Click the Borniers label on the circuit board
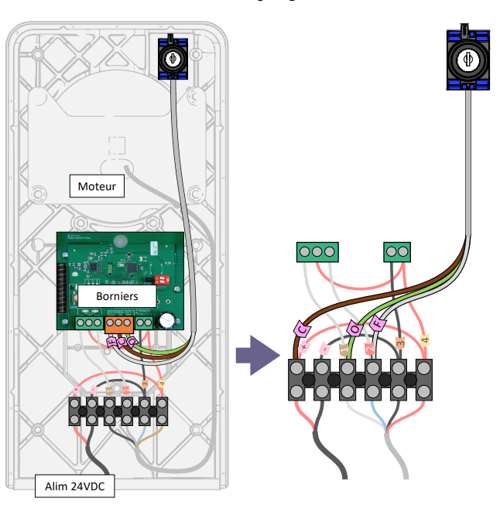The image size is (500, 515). (118, 295)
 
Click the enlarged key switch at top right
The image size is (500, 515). (467, 60)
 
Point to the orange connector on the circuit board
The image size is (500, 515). (118, 322)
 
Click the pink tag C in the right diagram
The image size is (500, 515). (302, 330)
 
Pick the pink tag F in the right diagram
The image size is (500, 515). (378, 323)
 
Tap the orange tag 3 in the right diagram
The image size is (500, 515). (400, 343)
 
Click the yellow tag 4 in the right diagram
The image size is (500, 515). (424, 339)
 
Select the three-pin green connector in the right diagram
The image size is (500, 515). (317, 252)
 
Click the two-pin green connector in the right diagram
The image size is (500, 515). (398, 252)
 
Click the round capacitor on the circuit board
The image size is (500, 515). (167, 320)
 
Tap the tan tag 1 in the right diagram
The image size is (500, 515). (344, 350)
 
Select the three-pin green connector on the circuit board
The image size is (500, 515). (90, 322)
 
